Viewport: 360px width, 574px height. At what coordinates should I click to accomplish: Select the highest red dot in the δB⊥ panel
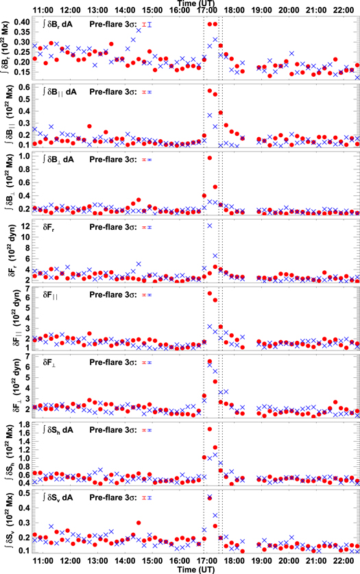[x=210, y=158]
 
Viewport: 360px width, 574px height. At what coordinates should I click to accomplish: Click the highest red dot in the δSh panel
[x=210, y=429]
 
